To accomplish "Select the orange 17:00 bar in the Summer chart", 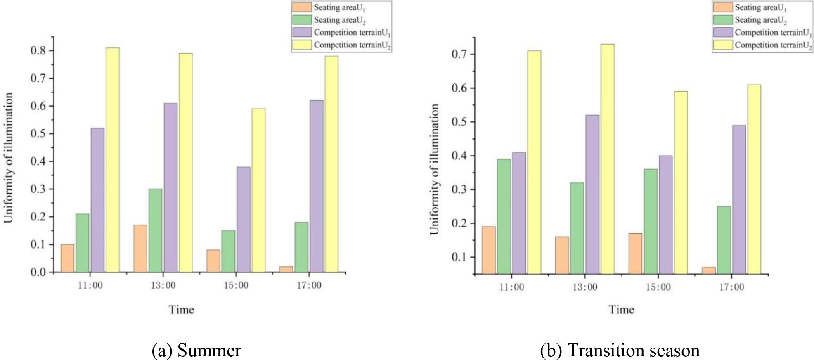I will point(286,269).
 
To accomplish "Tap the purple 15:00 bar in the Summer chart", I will point(243,219).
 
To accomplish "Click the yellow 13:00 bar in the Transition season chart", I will point(607,159).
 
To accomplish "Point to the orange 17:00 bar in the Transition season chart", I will point(708,270).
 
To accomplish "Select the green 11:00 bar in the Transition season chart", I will point(504,216).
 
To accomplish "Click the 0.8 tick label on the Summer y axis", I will point(38,51).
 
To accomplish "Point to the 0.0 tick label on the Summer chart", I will point(38,272).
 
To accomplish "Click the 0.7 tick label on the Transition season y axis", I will point(461,54).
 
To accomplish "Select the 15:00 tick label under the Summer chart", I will point(236,285).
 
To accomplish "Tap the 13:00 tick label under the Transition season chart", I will point(584,287).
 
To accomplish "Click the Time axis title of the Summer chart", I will point(181,310).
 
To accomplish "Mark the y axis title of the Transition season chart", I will point(434,169).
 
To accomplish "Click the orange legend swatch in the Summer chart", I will point(302,7).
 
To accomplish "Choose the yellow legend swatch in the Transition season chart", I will point(722,45).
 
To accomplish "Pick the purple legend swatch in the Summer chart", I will point(302,32).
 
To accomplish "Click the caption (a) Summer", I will point(196,351).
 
